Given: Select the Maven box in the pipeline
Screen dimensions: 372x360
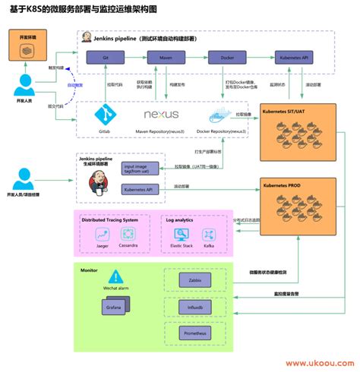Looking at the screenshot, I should click(161, 58).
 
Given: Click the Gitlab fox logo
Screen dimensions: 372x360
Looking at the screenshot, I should click(104, 114).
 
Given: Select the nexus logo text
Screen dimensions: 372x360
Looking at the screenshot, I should click(161, 115).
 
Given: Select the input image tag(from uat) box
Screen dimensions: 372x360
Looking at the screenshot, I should click(141, 168).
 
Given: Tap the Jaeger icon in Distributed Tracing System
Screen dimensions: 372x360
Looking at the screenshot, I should click(103, 234).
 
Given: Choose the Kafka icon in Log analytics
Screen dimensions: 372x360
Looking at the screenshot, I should click(207, 235).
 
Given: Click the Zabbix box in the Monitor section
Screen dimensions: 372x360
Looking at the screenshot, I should click(195, 280).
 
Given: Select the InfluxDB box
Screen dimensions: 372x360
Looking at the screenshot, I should click(195, 307).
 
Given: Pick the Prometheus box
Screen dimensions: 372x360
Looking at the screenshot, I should click(195, 333).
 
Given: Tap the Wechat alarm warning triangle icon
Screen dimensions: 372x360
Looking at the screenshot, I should click(115, 277).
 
